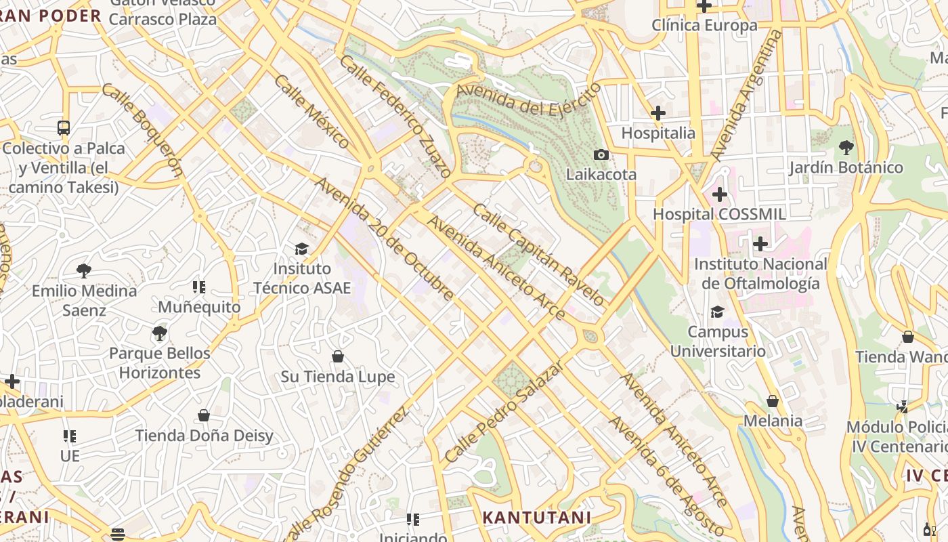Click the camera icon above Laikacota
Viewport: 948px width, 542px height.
coord(601,154)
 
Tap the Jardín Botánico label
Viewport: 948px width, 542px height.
coord(845,167)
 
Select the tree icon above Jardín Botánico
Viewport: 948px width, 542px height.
coord(846,147)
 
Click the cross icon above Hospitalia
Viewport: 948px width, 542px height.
coord(658,113)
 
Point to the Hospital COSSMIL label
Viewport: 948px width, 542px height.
coord(719,214)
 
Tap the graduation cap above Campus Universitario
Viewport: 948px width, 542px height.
coord(717,312)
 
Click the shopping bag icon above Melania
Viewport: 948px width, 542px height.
coord(773,401)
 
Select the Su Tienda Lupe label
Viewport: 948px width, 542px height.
coord(338,377)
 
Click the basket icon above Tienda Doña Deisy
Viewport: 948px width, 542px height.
coord(204,415)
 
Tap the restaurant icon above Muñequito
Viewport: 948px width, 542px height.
coord(198,287)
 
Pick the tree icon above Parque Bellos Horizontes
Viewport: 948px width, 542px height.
coord(160,333)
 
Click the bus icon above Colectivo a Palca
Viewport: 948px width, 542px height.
coord(64,128)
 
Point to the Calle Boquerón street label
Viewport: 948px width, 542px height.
coord(143,129)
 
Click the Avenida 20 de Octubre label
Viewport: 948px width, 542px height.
coord(384,238)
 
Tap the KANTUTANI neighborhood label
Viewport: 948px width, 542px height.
coord(536,518)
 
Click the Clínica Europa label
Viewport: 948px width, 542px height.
coord(704,26)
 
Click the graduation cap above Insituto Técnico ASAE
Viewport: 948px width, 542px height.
coord(301,249)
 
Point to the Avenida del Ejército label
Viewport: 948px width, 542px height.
coord(528,99)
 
